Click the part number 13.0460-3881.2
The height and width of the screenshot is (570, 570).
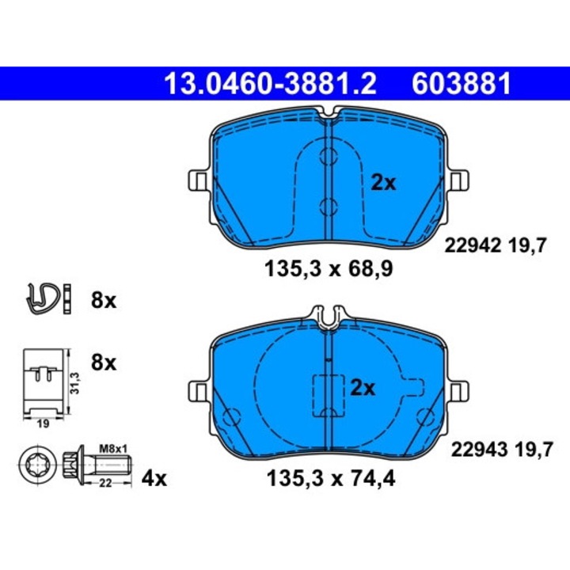coord(270,84)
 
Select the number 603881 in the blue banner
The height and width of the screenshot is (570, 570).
coord(462,84)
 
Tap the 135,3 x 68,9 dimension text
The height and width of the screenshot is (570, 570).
coord(329,269)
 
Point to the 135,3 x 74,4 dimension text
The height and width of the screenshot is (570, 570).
coord(331,478)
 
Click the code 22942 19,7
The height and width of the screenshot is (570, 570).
coord(496,245)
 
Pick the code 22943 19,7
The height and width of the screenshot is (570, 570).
coord(502,450)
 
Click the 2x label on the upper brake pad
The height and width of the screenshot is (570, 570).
coord(383,183)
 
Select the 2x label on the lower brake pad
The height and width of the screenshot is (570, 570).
coord(363,388)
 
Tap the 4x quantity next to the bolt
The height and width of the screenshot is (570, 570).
coord(154,479)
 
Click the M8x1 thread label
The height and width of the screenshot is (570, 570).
coord(113,449)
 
